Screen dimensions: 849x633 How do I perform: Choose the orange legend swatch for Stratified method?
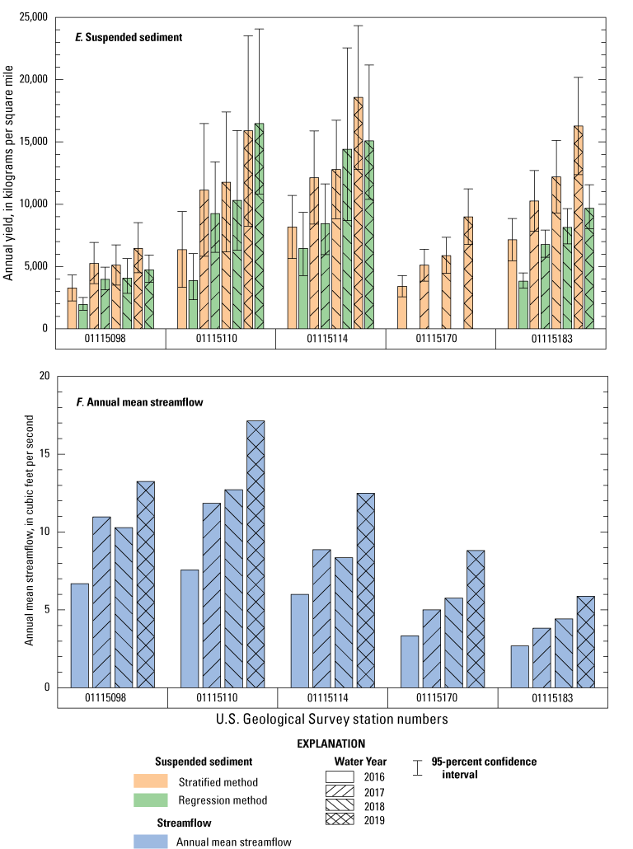click(150, 781)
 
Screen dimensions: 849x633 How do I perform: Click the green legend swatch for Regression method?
click(150, 800)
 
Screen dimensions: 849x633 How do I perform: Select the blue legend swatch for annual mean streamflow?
click(150, 840)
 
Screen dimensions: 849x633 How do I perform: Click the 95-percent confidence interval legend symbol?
click(419, 768)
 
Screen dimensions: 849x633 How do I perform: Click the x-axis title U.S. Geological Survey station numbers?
click(332, 719)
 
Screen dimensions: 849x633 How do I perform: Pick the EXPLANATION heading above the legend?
click(332, 743)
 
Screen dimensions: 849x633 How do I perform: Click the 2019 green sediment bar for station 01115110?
click(260, 226)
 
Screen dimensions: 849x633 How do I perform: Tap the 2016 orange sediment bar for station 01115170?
click(402, 307)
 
